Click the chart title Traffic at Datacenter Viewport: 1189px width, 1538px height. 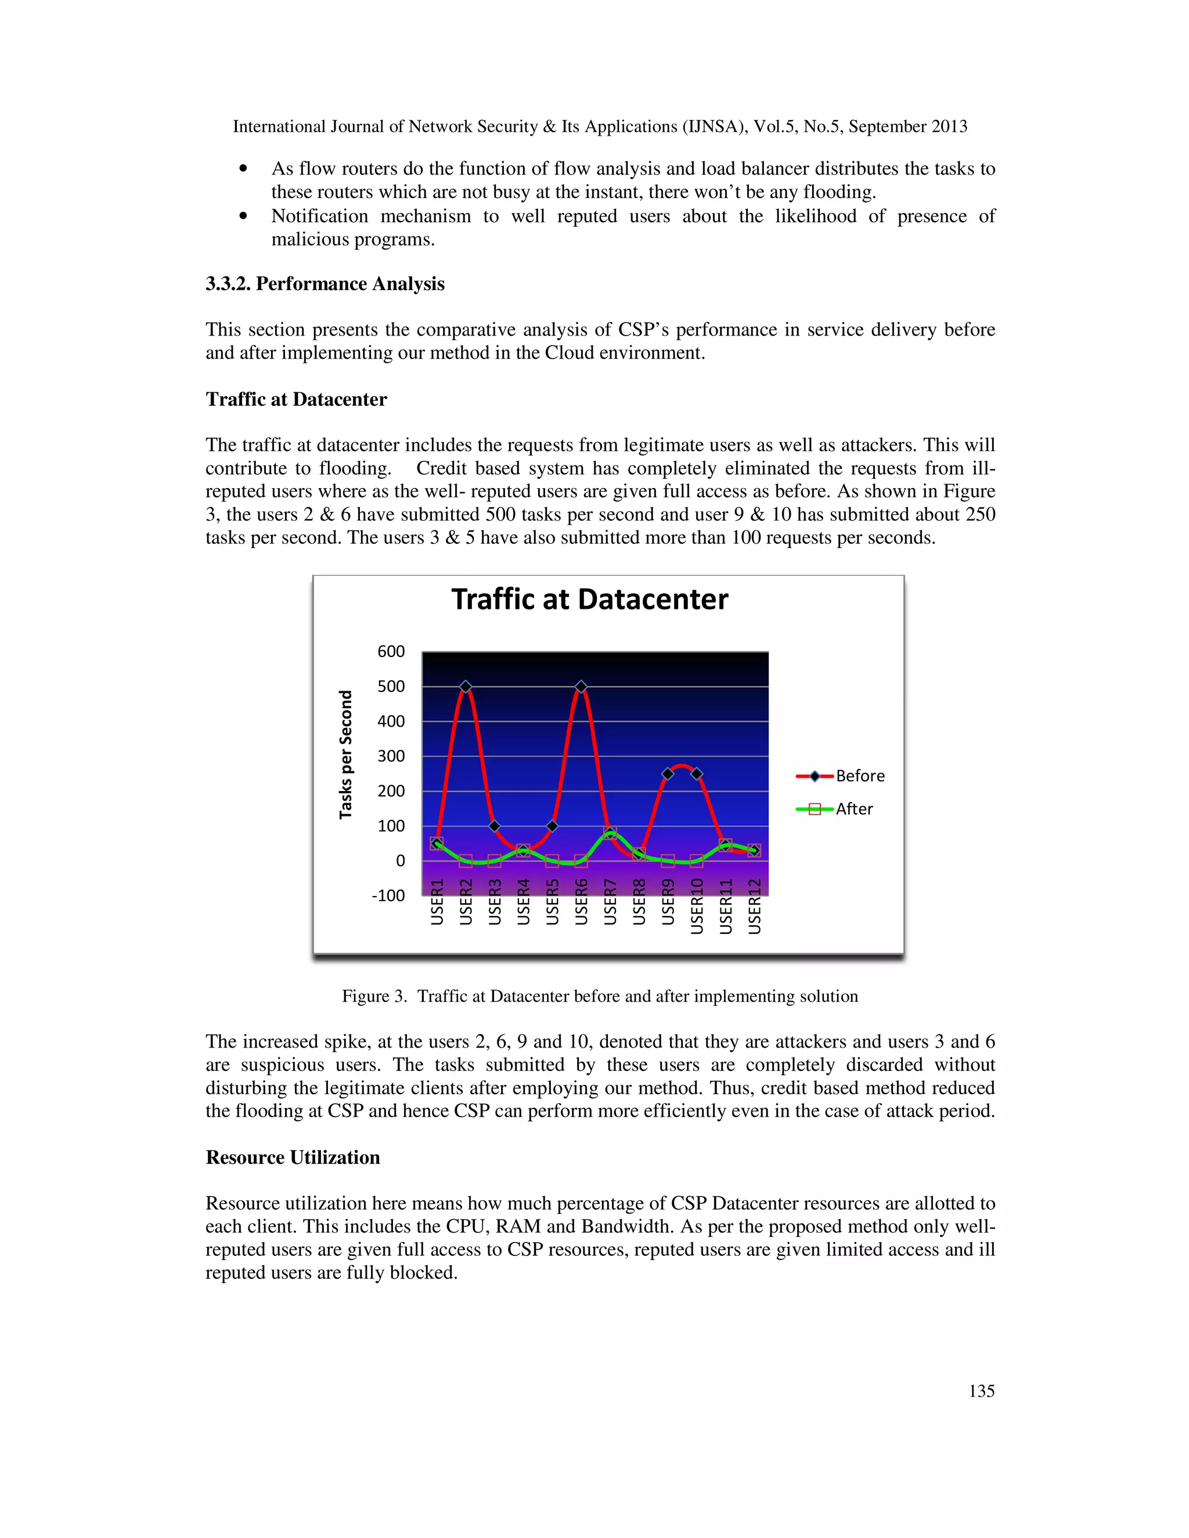590,600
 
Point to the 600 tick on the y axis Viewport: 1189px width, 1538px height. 391,651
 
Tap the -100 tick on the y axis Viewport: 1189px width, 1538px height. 388,896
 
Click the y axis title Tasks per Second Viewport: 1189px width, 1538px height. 345,754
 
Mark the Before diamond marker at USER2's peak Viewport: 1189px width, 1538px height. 466,687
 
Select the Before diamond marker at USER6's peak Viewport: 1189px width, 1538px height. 581,687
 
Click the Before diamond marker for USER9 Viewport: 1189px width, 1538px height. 668,774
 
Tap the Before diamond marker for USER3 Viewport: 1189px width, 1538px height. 495,826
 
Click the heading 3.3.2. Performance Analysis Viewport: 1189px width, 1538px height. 325,284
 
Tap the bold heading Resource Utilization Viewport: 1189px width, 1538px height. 293,1158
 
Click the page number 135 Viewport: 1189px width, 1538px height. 981,1391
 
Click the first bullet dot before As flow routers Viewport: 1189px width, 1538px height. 244,169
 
